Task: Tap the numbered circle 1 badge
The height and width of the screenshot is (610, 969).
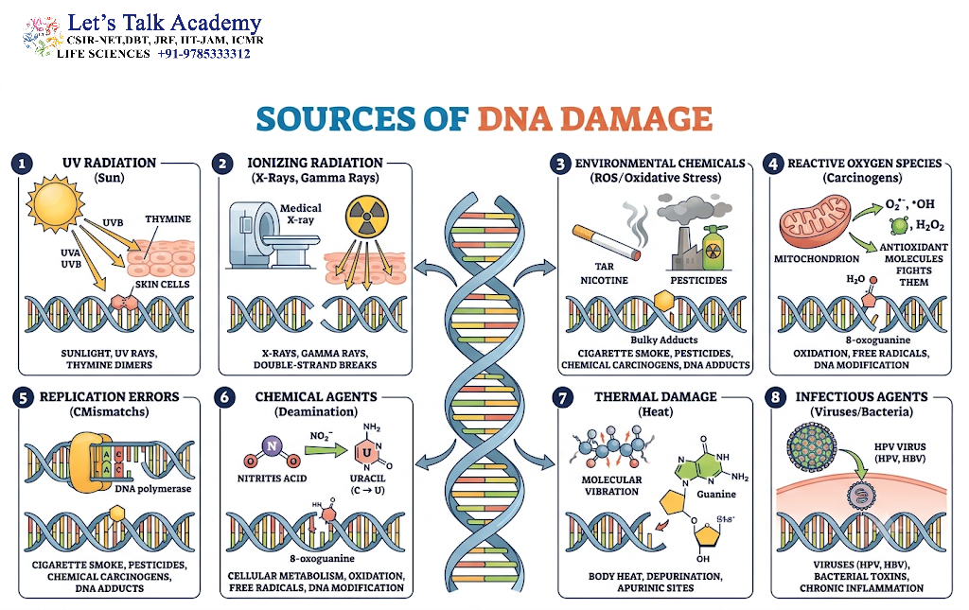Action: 23,164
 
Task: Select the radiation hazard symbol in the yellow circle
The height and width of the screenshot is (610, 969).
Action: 367,217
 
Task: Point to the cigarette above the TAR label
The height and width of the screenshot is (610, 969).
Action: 607,241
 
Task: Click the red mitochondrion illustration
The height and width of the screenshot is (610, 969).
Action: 815,220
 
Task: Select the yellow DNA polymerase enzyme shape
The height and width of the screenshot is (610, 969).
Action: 90,462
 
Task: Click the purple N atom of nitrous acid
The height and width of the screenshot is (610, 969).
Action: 272,445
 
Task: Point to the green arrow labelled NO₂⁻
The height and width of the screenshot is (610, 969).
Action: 326,451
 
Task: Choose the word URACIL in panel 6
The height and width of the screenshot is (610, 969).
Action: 368,479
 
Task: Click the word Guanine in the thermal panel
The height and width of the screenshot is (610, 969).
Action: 716,494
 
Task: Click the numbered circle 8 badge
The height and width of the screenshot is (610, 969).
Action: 776,397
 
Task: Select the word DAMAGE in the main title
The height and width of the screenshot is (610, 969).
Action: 594,118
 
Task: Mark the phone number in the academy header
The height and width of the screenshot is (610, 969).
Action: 204,54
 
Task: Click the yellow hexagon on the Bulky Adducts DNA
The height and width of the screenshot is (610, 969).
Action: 663,301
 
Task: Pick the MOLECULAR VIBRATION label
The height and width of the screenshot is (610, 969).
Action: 612,485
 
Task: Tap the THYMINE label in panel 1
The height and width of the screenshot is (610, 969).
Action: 168,219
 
